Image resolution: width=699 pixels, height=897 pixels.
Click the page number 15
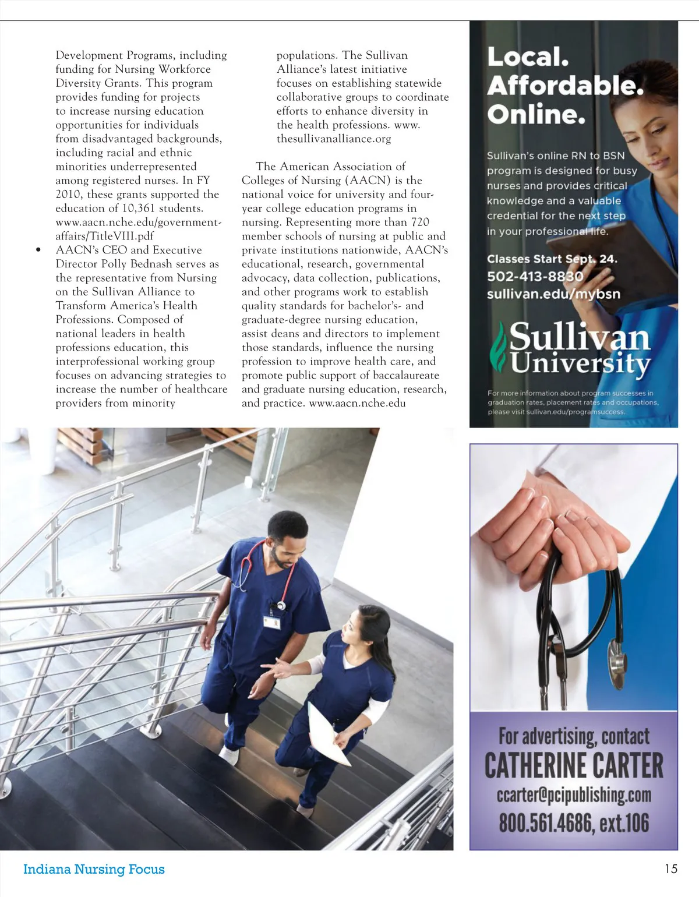click(670, 868)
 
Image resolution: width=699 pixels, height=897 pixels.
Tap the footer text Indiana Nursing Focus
click(94, 869)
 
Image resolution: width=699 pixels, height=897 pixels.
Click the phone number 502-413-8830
click(535, 276)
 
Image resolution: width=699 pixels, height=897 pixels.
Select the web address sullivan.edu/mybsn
click(553, 294)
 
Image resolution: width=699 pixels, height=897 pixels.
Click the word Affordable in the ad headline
click(564, 86)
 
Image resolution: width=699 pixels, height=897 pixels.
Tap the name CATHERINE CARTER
click(574, 765)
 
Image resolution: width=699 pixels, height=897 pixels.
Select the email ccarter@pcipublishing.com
click(574, 794)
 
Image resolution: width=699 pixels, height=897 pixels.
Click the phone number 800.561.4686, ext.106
click(574, 822)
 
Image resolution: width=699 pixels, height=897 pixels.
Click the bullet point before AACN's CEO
click(38, 250)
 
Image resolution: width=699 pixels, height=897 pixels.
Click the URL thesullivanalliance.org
click(334, 139)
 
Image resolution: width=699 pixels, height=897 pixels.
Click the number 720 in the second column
click(419, 223)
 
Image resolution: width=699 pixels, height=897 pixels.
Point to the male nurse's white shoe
click(230, 756)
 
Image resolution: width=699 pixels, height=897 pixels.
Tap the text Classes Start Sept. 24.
click(552, 259)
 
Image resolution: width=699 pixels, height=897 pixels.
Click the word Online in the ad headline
click(535, 114)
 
